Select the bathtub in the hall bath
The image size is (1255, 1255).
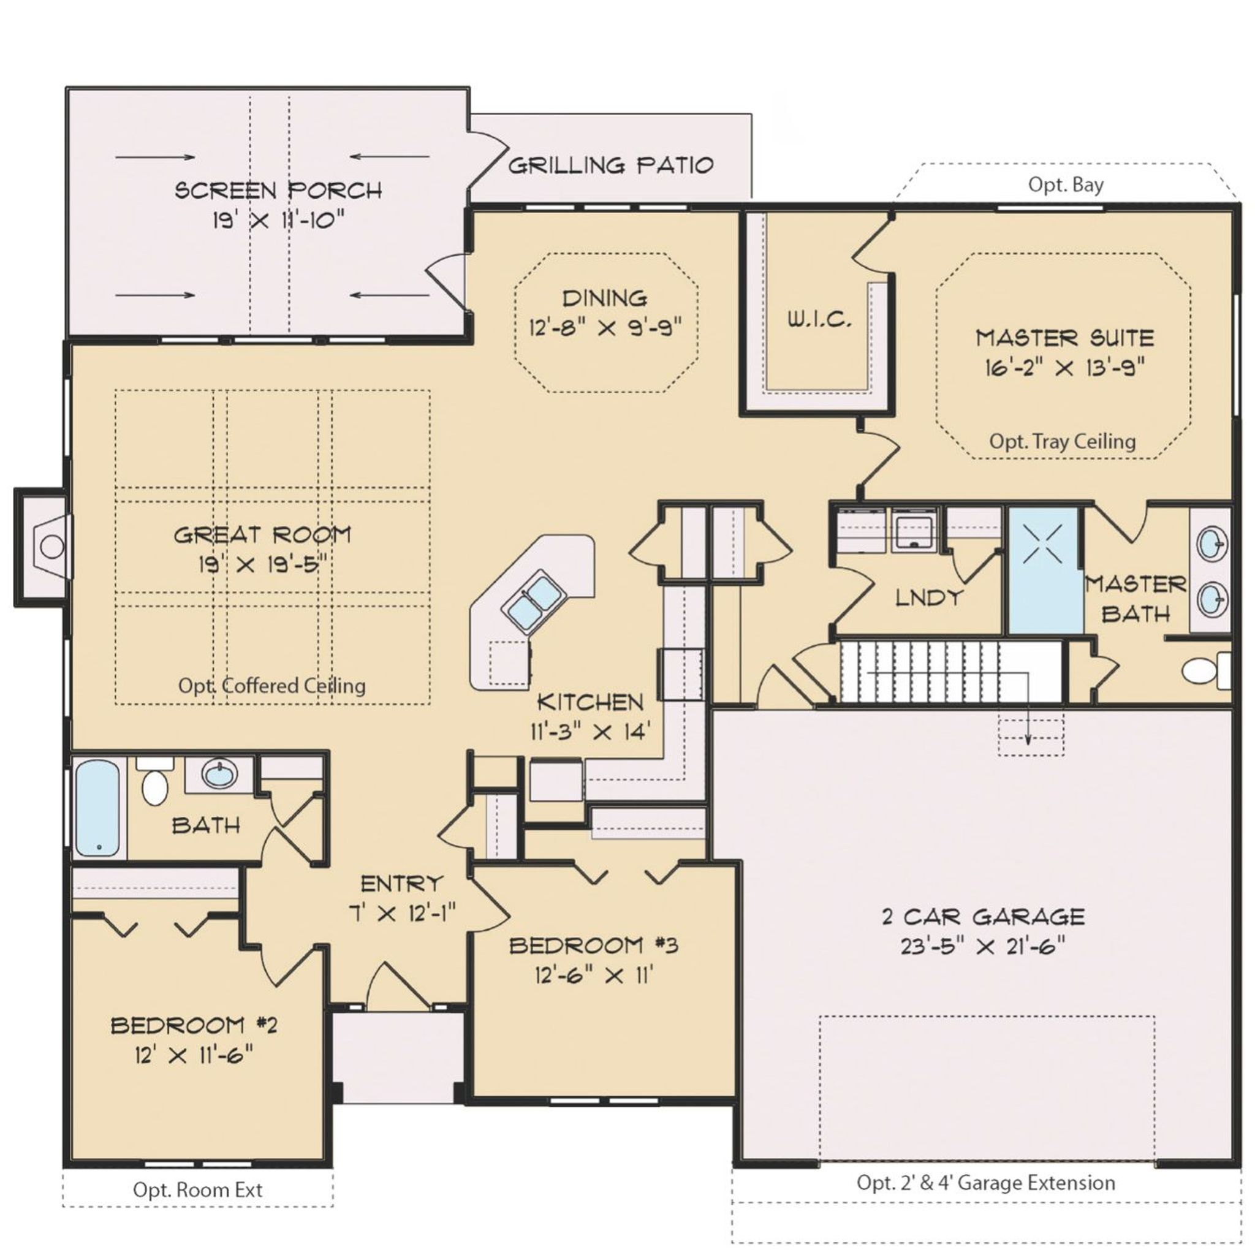click(98, 808)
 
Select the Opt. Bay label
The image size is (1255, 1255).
click(1065, 185)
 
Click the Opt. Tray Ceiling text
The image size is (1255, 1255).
click(1062, 442)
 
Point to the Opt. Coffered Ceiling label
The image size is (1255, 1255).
click(271, 686)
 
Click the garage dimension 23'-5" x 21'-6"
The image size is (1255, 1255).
click(983, 946)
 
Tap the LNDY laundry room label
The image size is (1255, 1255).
click(928, 597)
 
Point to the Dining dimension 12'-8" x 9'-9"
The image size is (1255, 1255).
click(605, 327)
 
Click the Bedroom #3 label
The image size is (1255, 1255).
click(593, 945)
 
